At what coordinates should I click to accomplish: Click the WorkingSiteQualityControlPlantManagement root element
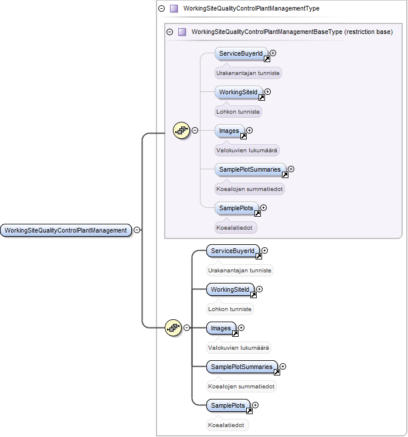point(66,230)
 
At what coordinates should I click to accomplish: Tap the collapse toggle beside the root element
point(137,230)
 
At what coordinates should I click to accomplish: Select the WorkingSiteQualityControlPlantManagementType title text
point(251,8)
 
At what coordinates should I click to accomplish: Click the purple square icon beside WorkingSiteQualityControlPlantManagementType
point(174,8)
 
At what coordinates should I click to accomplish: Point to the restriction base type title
point(292,32)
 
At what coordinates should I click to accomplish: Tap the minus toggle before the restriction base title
point(169,32)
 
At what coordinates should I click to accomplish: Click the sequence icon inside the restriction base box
point(182,130)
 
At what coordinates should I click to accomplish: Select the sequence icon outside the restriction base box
point(174,327)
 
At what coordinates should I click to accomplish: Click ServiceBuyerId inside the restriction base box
point(241,53)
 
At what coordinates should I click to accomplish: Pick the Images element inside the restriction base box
point(229,131)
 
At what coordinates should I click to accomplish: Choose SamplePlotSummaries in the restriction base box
point(250,169)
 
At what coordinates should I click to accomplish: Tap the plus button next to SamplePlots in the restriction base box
point(264,207)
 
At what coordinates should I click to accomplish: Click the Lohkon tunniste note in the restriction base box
point(238,112)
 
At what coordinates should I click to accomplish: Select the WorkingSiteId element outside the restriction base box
point(230,289)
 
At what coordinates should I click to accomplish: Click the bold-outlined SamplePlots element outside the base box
point(228,405)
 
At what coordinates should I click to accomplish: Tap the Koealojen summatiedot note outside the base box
point(242,386)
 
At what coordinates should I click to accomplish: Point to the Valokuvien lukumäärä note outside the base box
point(239,347)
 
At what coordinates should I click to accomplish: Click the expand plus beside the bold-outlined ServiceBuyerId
point(264,251)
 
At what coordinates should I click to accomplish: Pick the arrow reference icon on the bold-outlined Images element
point(236,333)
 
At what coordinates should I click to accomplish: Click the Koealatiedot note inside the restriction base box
point(234,228)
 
